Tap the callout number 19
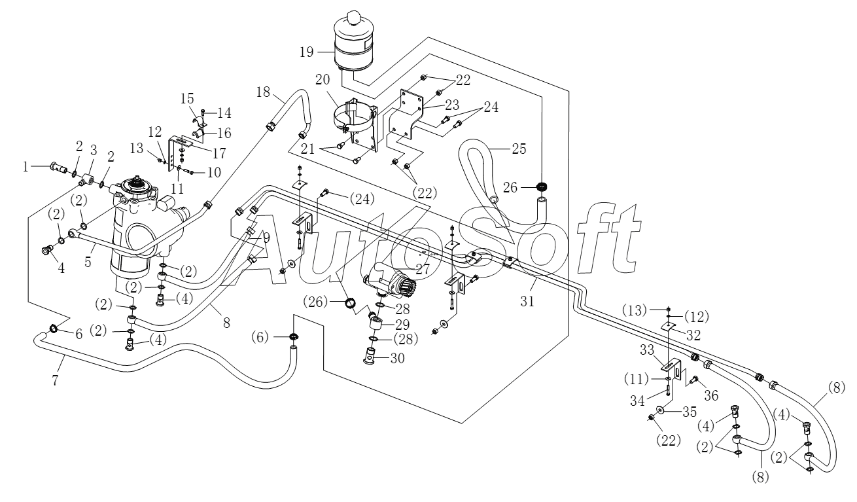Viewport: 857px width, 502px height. tap(307, 52)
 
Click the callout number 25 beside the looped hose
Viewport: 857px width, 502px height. tap(519, 149)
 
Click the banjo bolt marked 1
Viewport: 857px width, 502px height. tap(58, 167)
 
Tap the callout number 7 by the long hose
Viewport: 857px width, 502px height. tap(56, 380)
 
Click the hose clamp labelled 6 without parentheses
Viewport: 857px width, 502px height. tap(54, 328)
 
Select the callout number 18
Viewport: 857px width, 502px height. tap(263, 92)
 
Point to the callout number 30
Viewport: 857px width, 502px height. tap(398, 358)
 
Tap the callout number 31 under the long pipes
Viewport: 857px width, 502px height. tap(527, 302)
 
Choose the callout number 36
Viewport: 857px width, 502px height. tap(711, 395)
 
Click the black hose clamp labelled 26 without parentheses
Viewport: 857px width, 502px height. tap(542, 187)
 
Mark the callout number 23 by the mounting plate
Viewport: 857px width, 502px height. tap(452, 105)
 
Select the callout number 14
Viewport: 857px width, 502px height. tap(224, 113)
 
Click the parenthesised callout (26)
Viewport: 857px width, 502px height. tap(315, 302)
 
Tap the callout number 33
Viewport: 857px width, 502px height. tap(648, 350)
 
